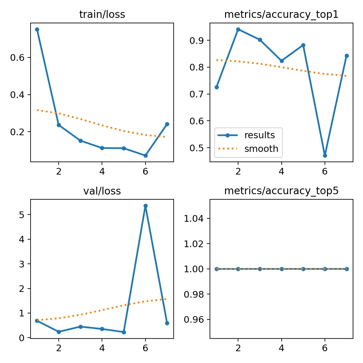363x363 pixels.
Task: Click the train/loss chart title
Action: point(102,15)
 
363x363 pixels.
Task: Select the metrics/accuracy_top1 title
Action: point(281,15)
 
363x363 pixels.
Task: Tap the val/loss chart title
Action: point(102,191)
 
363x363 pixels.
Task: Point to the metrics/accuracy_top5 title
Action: point(281,191)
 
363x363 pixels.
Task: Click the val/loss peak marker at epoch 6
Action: point(146,206)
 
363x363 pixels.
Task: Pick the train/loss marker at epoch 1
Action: point(37,29)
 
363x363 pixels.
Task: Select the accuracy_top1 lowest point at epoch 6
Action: point(325,155)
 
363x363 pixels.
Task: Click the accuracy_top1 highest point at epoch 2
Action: point(238,29)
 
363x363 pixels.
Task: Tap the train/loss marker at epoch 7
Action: point(167,124)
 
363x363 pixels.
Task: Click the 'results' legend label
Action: point(260,135)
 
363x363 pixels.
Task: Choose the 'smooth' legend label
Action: point(261,149)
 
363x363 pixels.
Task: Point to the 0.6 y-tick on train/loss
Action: point(17,58)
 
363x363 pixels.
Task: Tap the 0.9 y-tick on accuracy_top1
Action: point(197,41)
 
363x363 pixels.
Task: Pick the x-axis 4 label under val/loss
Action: point(102,348)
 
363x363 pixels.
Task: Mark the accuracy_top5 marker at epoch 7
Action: point(347,269)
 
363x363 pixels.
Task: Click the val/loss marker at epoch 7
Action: point(167,323)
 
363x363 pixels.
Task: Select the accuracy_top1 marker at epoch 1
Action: point(217,87)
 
